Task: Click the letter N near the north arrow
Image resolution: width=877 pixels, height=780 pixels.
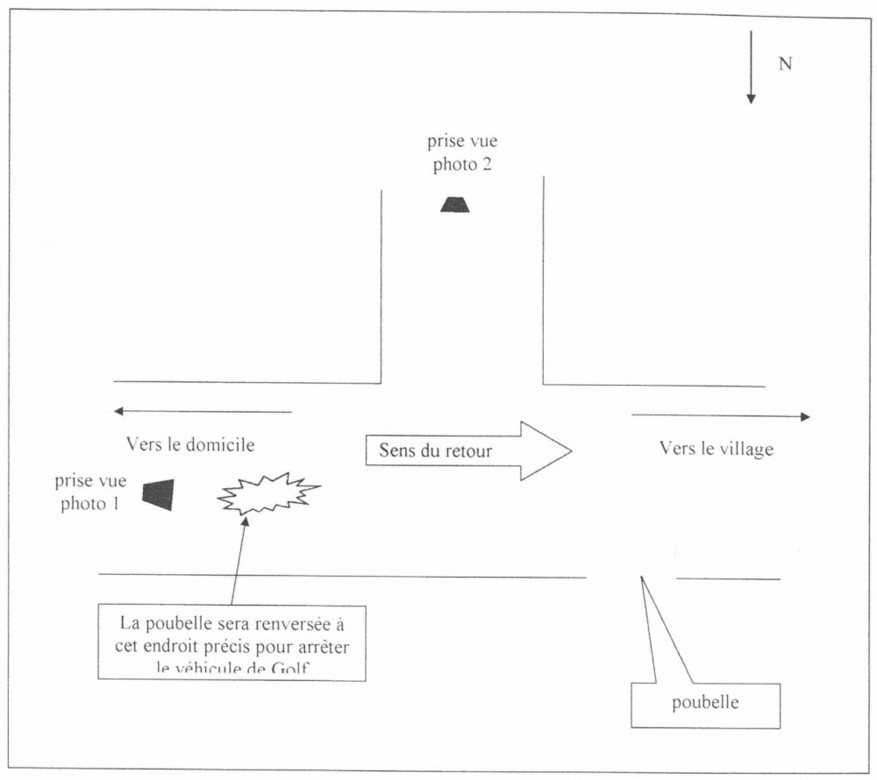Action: pos(786,64)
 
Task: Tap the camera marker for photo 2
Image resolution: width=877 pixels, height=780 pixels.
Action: pos(455,204)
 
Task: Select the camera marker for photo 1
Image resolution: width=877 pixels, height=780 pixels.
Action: pos(159,495)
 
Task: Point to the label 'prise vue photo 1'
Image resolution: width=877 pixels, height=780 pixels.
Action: pos(90,493)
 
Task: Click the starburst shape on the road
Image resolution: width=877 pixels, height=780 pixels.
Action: pos(267,494)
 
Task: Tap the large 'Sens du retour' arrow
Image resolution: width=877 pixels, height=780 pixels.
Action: pos(468,451)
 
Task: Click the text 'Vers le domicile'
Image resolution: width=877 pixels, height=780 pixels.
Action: pos(190,445)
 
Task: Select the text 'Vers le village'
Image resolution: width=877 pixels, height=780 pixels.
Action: pos(717,450)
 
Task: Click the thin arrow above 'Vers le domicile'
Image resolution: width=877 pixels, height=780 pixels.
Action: pos(202,411)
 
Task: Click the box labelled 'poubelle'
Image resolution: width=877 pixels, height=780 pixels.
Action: pos(705,704)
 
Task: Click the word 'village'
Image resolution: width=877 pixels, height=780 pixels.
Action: pos(744,450)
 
